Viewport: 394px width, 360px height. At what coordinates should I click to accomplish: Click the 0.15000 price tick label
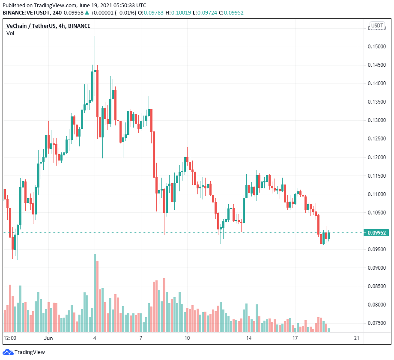pos(377,46)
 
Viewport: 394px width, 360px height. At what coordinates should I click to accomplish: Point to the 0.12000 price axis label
pos(377,157)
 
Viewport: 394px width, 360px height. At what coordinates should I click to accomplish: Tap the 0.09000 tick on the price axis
pos(377,268)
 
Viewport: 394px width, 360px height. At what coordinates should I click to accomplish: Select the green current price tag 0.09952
pos(377,233)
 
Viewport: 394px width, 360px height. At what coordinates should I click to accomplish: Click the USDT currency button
pos(377,26)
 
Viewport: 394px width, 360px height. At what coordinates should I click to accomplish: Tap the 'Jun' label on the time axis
pos(48,338)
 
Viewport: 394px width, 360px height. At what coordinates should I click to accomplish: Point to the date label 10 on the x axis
pos(187,338)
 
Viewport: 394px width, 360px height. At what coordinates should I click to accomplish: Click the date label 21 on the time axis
pos(356,338)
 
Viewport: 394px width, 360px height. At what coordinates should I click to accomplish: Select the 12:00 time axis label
pos(10,338)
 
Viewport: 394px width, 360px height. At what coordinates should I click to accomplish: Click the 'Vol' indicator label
pos(10,33)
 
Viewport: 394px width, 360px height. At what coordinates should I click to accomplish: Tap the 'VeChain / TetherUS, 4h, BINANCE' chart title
pos(48,26)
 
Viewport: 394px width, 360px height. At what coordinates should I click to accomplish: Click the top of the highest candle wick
pos(95,36)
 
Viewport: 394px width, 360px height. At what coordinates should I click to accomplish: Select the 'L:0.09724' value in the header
pos(205,12)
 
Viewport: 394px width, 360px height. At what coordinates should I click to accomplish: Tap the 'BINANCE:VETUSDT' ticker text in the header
pos(26,12)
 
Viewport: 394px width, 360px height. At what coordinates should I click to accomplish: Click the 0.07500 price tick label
pos(377,323)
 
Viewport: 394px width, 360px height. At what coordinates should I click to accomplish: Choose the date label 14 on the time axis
pos(248,338)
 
